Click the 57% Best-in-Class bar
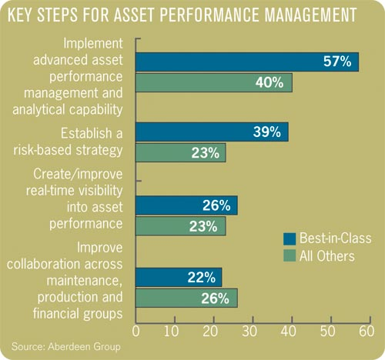[x=246, y=62]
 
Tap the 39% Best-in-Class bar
[x=211, y=131]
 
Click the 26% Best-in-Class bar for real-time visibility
[x=186, y=205]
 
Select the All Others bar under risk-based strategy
[x=180, y=152]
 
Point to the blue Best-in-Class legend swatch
[x=290, y=238]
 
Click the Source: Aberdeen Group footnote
[x=65, y=348]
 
